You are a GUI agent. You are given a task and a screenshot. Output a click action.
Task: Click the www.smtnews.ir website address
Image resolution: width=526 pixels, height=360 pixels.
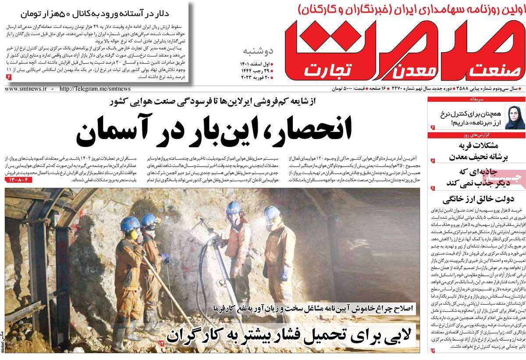point(26,89)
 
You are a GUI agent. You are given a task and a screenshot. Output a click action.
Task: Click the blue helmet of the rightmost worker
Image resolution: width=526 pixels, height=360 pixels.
point(271,213)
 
